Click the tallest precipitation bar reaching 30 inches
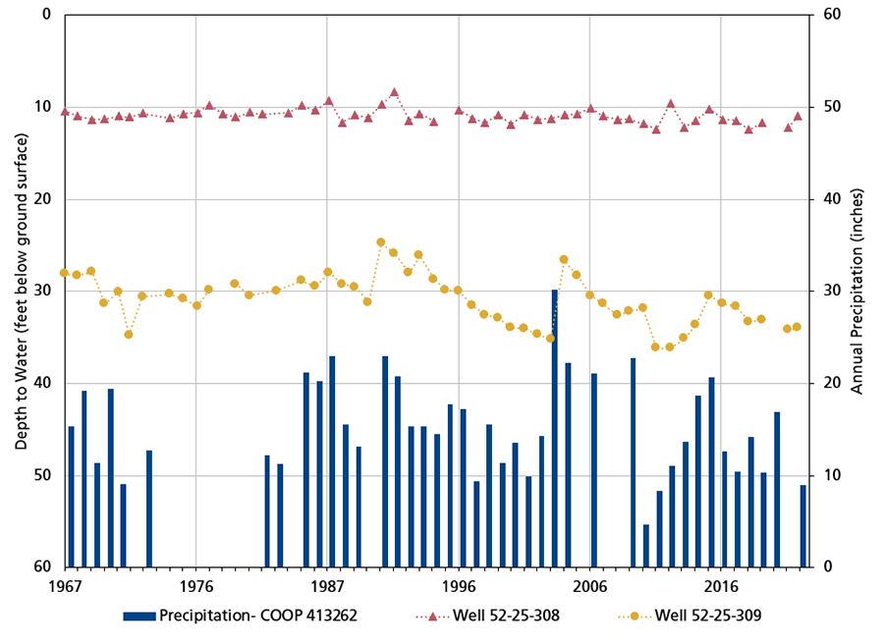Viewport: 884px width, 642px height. tap(554, 428)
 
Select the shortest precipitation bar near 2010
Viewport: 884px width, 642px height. tap(645, 546)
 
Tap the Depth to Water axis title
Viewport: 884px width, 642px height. tap(21, 291)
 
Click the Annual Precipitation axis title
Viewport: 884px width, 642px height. tap(856, 291)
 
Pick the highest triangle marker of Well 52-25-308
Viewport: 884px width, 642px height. tap(394, 92)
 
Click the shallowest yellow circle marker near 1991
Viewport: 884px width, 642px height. tap(381, 241)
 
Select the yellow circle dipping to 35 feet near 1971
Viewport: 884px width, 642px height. tap(129, 334)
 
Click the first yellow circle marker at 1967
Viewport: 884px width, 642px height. tap(64, 273)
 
